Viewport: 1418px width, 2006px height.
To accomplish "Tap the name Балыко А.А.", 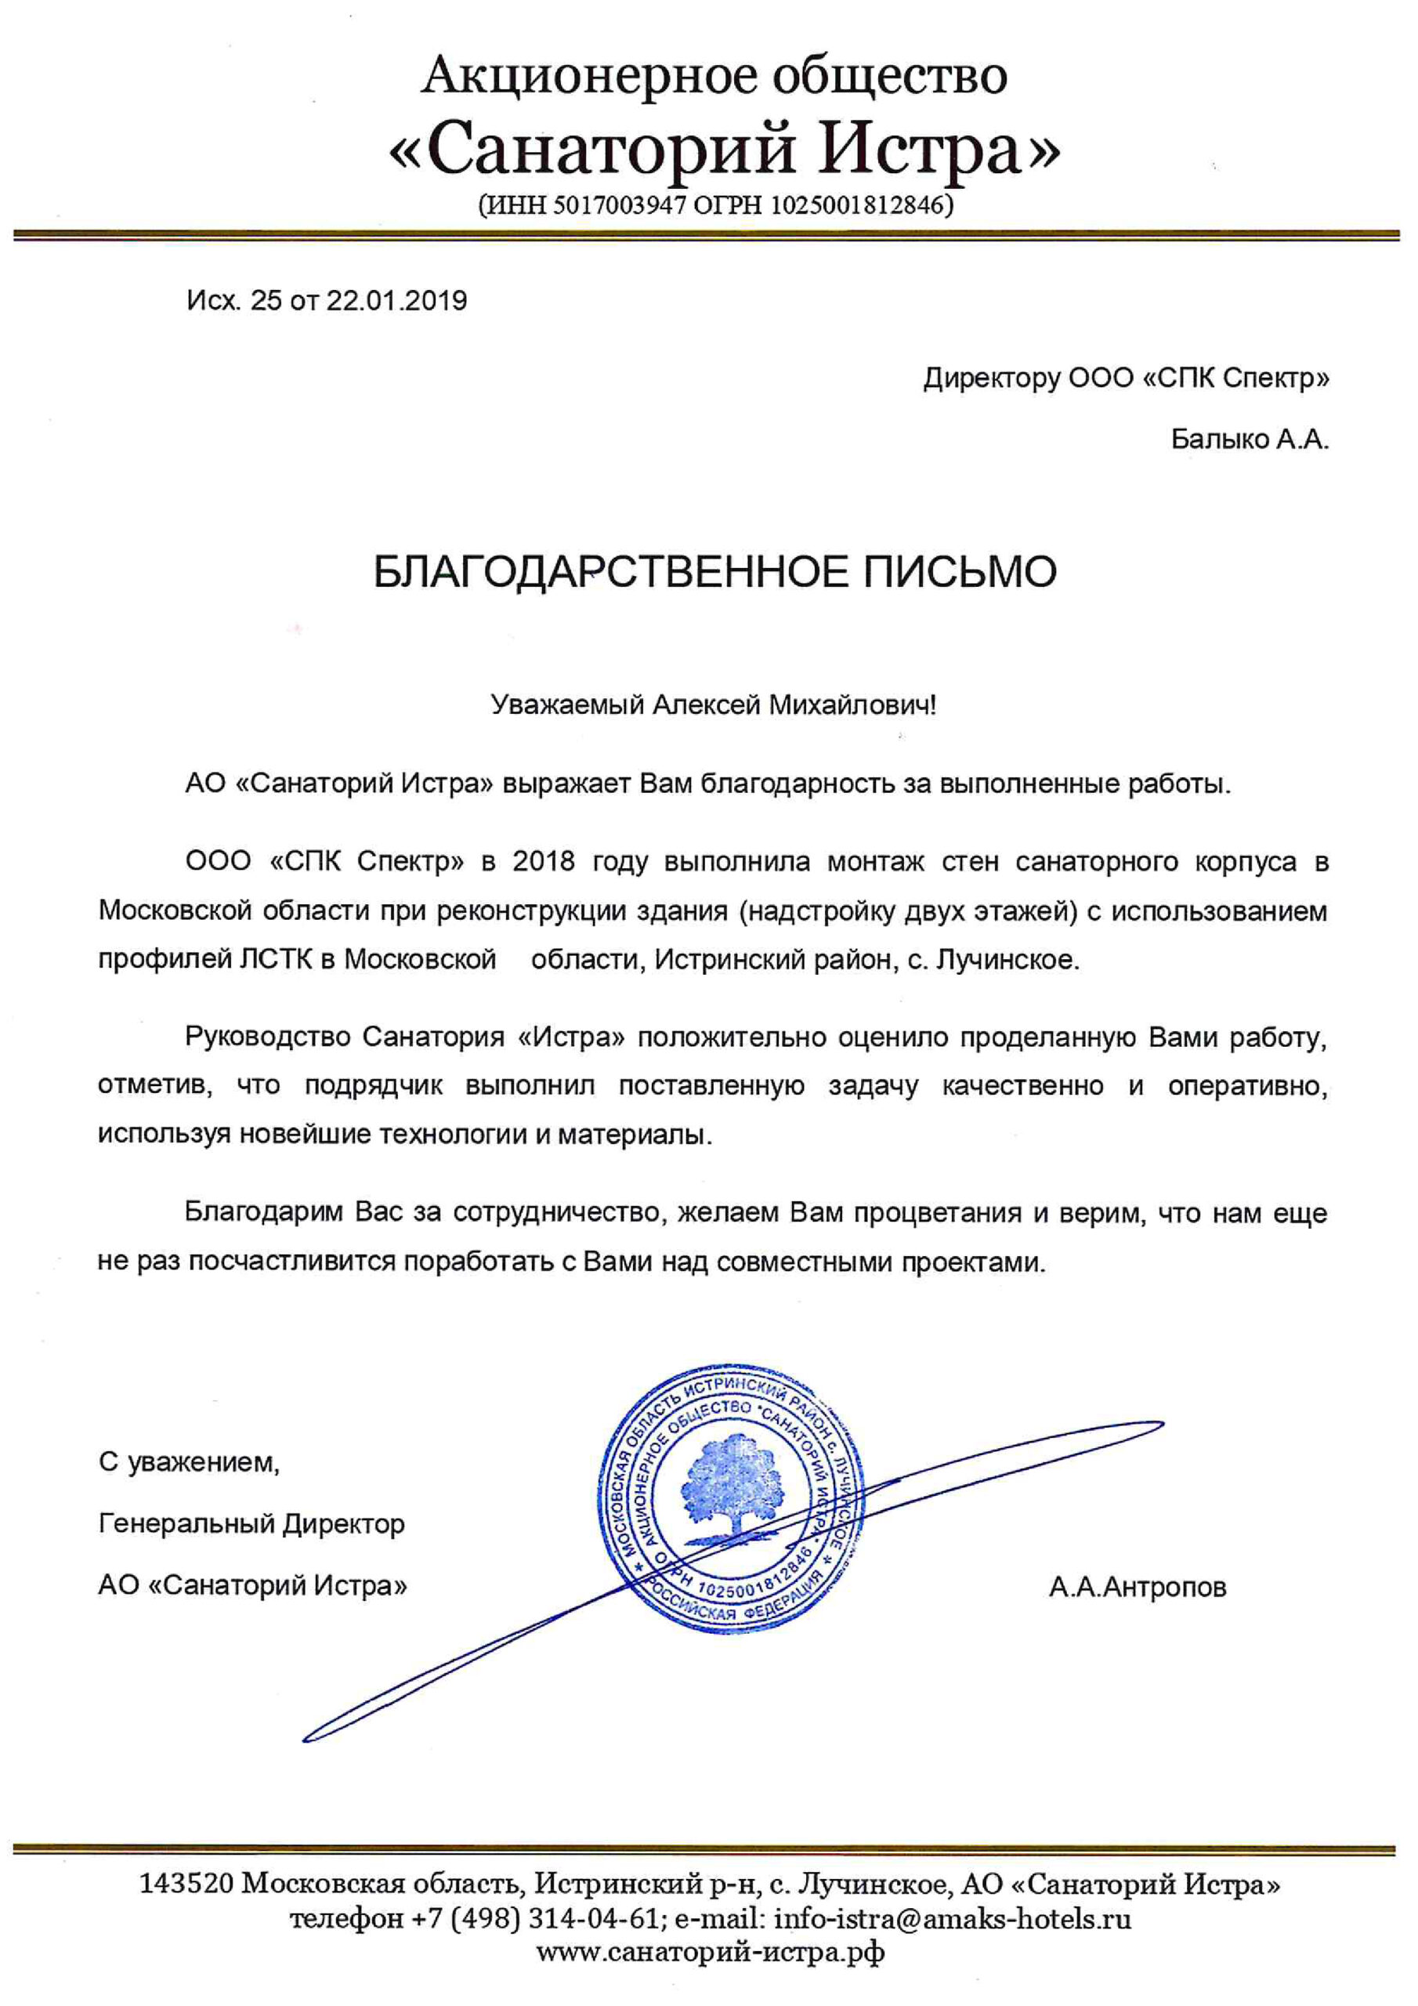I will pyautogui.click(x=1249, y=439).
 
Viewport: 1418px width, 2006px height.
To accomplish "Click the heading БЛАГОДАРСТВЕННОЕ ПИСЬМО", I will pyautogui.click(x=714, y=572).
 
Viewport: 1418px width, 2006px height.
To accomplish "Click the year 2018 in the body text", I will pyautogui.click(x=544, y=861).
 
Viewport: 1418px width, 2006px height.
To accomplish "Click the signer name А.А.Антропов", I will pyautogui.click(x=1138, y=1587).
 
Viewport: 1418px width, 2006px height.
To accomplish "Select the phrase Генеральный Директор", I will pyautogui.click(x=251, y=1524).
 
